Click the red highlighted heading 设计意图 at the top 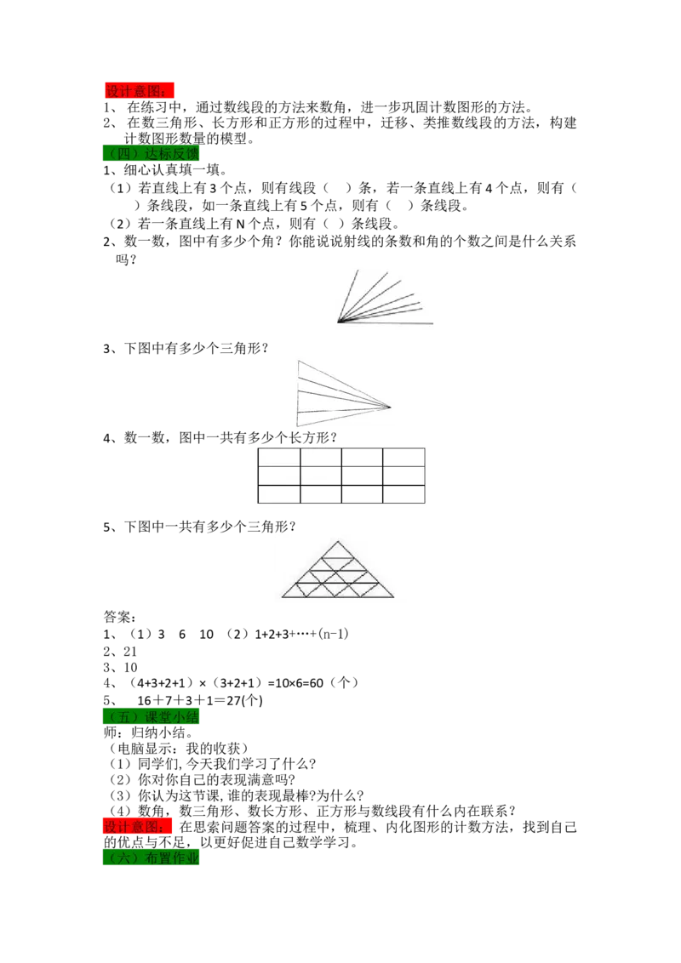(x=139, y=91)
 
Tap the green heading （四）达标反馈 (x=152, y=153)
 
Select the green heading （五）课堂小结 (x=152, y=717)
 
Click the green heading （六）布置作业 (x=152, y=858)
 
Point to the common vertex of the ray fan (x=338, y=322)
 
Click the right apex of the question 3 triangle (x=391, y=406)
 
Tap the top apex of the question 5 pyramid (x=337, y=542)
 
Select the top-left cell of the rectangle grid (x=279, y=458)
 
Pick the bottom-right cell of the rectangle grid (x=403, y=493)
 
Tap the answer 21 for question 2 (x=130, y=651)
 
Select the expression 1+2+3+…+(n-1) (x=302, y=634)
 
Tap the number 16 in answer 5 (x=145, y=700)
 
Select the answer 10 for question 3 (x=130, y=667)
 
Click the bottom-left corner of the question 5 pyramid (x=282, y=597)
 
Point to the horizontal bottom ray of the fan (x=386, y=322)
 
